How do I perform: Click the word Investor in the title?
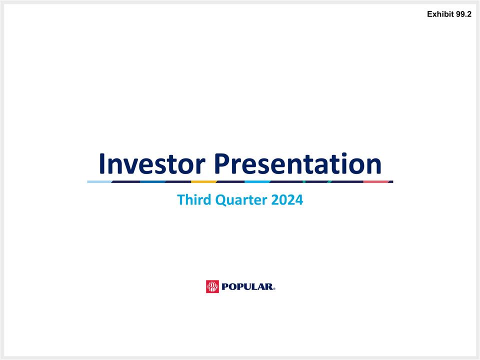(x=152, y=163)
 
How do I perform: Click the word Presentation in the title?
(x=298, y=163)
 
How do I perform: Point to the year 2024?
(x=287, y=200)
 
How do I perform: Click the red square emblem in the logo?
(x=212, y=286)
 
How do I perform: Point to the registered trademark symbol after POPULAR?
(x=274, y=289)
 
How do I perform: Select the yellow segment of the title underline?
(x=203, y=181)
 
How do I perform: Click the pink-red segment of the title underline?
(x=376, y=181)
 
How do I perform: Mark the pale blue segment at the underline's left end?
(x=99, y=181)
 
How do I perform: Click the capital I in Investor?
(x=102, y=163)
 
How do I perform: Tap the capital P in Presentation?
(x=223, y=163)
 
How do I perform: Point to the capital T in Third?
(x=181, y=200)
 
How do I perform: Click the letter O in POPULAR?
(x=234, y=287)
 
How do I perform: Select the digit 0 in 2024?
(x=284, y=200)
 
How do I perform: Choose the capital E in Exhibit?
(x=430, y=15)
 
